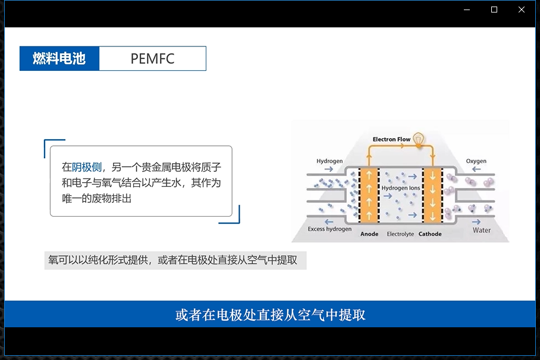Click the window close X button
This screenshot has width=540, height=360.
click(x=522, y=10)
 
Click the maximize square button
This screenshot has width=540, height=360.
click(x=494, y=10)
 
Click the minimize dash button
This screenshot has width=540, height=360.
click(x=467, y=10)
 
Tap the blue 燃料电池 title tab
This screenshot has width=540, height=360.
click(x=59, y=58)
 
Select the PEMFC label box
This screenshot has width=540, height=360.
click(x=152, y=58)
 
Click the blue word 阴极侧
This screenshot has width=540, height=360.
click(x=87, y=167)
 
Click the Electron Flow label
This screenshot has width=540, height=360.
click(x=391, y=139)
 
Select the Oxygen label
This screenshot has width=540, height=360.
click(x=476, y=161)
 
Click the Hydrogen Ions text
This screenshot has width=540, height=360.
click(x=400, y=188)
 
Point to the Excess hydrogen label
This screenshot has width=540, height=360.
click(x=329, y=229)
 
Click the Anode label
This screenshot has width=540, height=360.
click(x=369, y=234)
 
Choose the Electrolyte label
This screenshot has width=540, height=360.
click(x=400, y=234)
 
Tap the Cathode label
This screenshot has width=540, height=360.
click(x=430, y=234)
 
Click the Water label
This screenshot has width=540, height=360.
click(x=482, y=230)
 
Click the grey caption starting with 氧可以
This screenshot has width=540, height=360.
click(x=175, y=261)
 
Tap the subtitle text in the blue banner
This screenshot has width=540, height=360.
click(x=270, y=314)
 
